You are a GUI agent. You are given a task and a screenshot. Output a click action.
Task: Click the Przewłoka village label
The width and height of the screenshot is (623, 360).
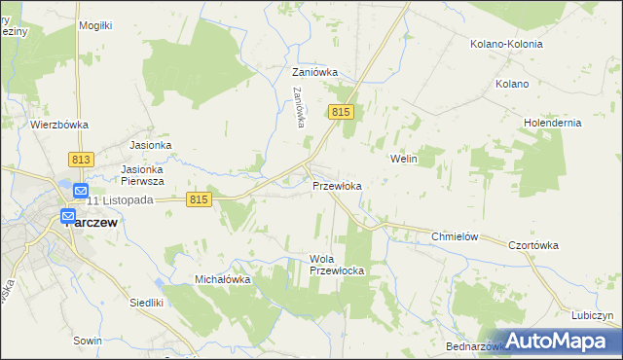338,186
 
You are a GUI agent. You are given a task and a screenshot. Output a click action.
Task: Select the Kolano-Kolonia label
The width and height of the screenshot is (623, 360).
504,44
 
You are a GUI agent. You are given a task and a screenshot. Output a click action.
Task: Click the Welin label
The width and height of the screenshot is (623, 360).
403,158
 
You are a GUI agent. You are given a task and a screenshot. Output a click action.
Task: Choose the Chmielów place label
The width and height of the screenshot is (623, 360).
458,236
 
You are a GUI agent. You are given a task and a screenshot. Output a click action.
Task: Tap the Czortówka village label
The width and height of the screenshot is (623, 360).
533,245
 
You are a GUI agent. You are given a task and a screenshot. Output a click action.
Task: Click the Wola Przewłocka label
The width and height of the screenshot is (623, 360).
336,264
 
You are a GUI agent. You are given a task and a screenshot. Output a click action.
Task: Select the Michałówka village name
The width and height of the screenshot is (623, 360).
223,279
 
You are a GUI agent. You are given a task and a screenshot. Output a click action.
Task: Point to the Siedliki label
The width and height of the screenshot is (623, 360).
146,303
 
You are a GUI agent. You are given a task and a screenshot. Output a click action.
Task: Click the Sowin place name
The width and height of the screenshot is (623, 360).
87,342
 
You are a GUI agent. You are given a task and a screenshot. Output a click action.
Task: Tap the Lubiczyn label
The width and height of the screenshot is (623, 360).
593,315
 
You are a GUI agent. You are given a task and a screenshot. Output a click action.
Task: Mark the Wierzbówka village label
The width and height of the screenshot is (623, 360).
59,125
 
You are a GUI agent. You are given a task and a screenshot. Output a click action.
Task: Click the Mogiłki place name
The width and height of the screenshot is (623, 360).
96,25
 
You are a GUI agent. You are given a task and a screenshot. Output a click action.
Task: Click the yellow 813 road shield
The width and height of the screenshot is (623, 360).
81,159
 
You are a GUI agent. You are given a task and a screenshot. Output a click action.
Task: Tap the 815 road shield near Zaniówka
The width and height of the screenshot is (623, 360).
340,114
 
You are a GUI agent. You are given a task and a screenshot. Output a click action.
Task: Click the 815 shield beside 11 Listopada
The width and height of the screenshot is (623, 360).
199,199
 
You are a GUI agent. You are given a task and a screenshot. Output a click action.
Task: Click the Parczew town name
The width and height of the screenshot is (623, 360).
94,221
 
